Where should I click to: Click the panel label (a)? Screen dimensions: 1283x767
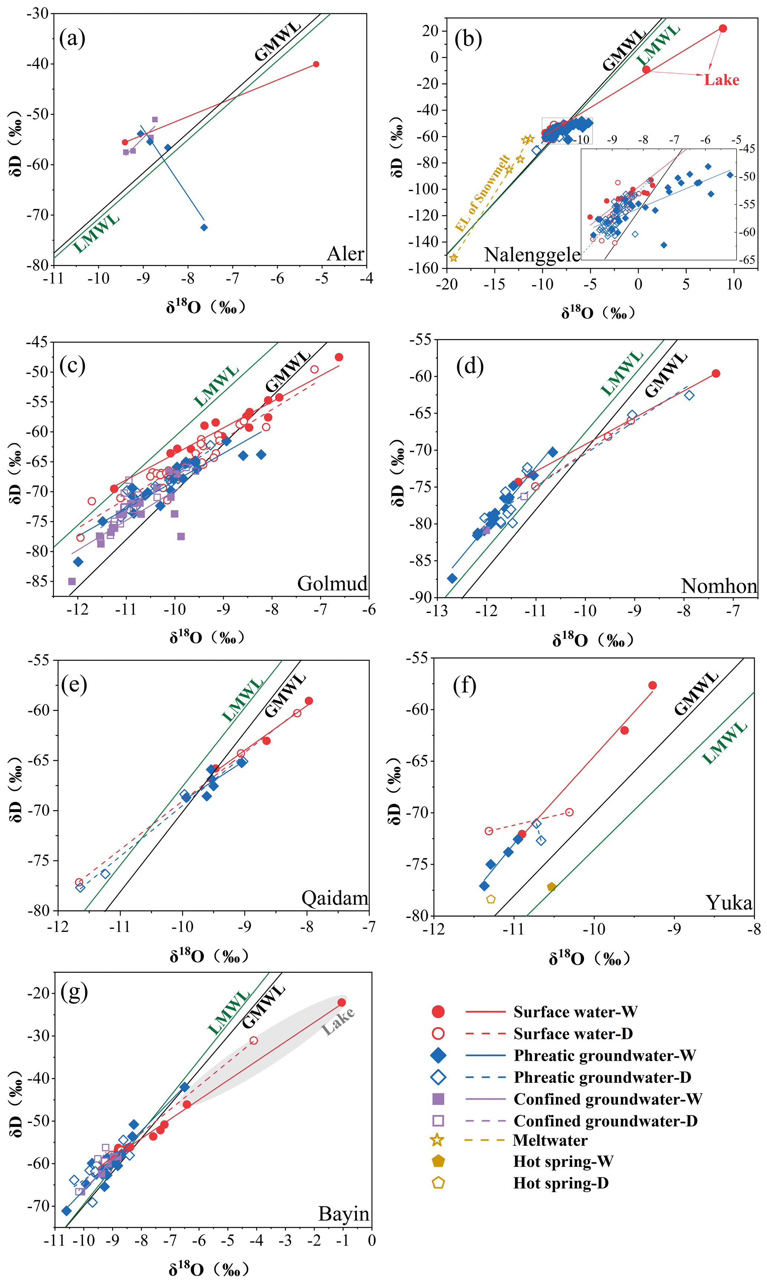72,38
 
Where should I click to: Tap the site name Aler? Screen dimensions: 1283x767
345,254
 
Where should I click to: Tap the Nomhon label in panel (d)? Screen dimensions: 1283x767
718,586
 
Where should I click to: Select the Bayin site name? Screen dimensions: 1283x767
344,1214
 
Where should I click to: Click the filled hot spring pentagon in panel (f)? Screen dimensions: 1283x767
551,887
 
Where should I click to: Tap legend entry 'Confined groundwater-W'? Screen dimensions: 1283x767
607,1099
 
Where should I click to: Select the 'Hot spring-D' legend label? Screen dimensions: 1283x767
561,1183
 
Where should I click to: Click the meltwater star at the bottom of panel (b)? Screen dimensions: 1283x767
453,257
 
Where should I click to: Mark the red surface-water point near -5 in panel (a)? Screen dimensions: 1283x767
316,64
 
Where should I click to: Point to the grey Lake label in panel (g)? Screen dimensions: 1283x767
338,1021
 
